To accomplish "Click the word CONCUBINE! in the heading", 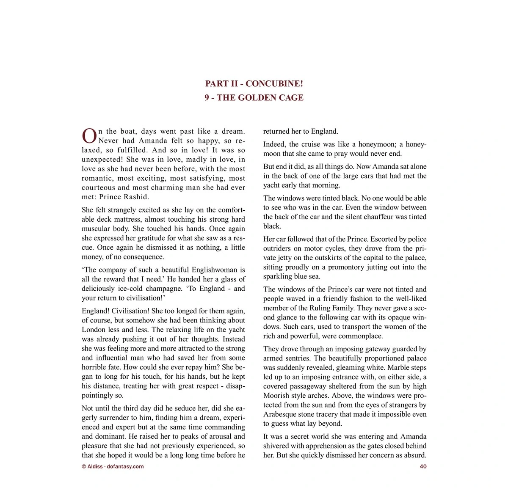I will pos(274,84).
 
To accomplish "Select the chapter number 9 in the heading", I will pos(207,98).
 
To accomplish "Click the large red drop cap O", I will pos(89,136).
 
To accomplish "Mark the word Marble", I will pos(398,368).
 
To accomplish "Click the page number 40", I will pos(423,466).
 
